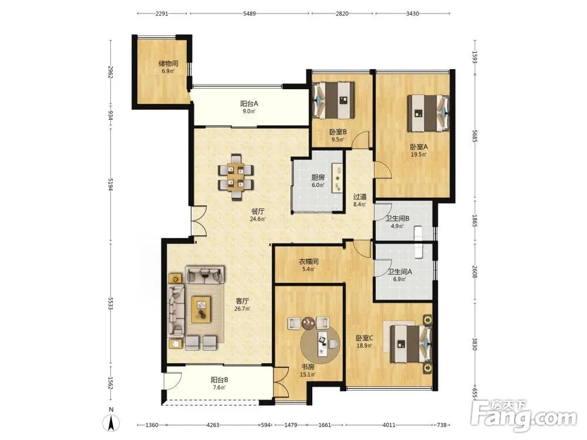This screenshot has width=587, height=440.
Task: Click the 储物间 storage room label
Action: click(x=168, y=63)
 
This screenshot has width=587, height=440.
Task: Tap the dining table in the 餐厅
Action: click(x=236, y=177)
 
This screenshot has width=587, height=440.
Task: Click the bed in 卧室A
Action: click(x=429, y=113)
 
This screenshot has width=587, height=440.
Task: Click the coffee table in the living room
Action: click(x=201, y=309)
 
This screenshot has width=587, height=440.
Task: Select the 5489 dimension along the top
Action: click(x=249, y=13)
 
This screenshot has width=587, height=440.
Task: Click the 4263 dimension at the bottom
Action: click(x=213, y=425)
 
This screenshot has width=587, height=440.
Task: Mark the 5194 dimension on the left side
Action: click(x=110, y=184)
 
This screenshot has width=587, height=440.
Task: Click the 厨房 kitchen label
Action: click(x=318, y=177)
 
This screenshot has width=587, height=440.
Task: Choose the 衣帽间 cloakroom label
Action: click(x=309, y=262)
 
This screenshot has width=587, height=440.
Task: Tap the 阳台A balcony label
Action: click(x=249, y=104)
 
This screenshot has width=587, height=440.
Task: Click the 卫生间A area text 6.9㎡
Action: click(x=399, y=279)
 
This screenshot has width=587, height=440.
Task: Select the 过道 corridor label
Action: click(x=360, y=197)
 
